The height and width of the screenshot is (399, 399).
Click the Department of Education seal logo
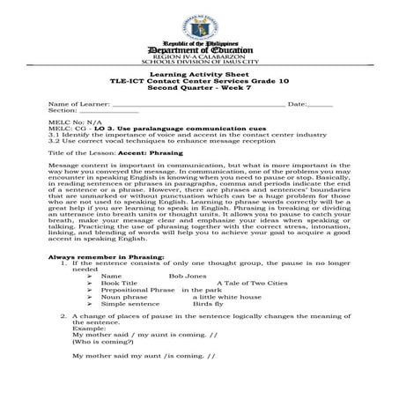pyautogui.click(x=199, y=19)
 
